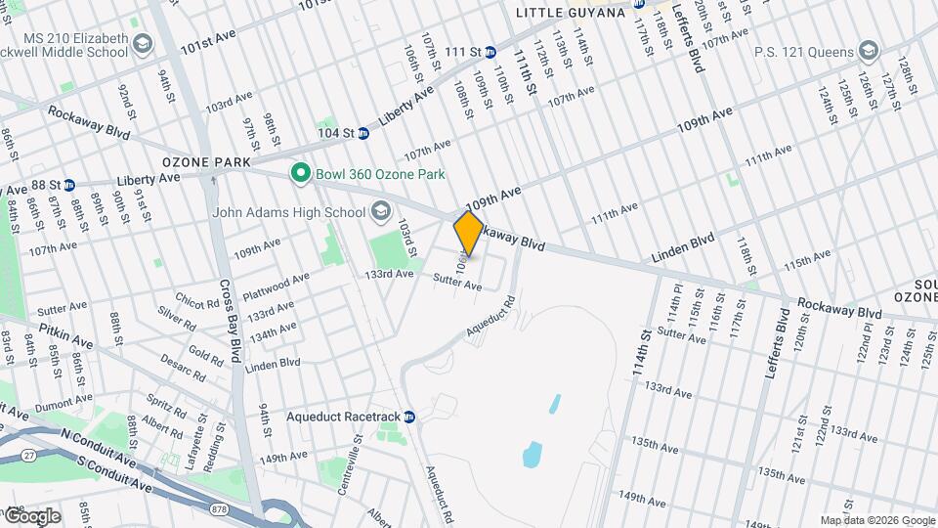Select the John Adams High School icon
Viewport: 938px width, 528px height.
pos(379,211)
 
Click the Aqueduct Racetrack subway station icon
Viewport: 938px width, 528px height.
pos(410,417)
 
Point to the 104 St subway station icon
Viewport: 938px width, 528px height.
pos(362,133)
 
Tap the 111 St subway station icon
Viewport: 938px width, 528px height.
pos(491,52)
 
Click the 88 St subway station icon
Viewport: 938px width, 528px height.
pos(69,185)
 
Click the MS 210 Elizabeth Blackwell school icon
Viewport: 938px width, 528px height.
pos(144,45)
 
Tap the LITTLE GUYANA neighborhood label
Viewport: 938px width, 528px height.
pos(570,12)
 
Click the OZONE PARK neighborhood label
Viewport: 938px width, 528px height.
pos(207,161)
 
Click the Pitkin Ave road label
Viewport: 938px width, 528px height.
pos(66,336)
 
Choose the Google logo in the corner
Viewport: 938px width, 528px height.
pos(31,515)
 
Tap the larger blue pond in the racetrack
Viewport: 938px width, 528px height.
pos(532,453)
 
